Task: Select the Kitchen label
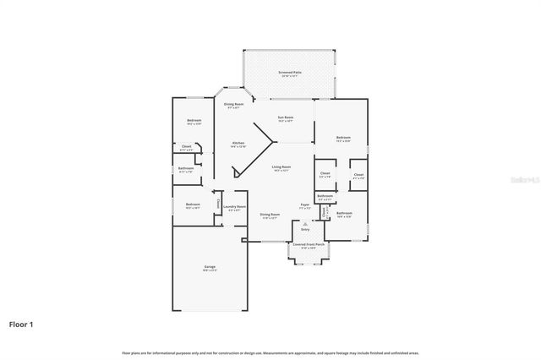click(x=238, y=143)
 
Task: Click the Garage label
click(x=209, y=266)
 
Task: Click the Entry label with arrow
click(x=305, y=228)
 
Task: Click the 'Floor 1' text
click(x=21, y=324)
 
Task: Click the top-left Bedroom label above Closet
click(x=194, y=121)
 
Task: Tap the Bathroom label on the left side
click(x=186, y=167)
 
